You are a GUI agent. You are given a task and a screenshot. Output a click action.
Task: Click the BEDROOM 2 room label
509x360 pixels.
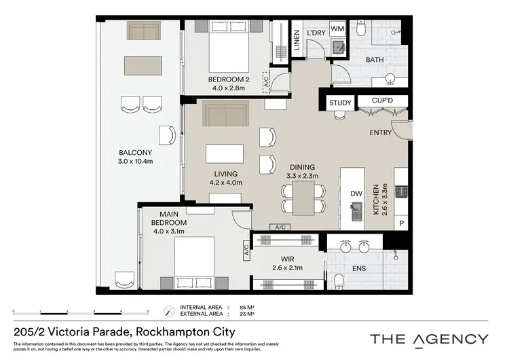pos(229,84)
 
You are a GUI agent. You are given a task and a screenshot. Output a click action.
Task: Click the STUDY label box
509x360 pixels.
pos(340,103)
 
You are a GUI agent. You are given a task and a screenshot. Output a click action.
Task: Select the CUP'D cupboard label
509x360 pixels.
pos(379,101)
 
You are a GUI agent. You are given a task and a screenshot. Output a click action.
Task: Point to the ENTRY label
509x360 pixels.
pos(380,132)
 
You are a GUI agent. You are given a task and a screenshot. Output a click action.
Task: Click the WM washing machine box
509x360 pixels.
pos(337,28)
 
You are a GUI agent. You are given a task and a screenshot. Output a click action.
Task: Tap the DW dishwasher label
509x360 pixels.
pos(356,193)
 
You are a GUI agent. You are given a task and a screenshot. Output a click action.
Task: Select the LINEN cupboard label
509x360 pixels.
pos(297,41)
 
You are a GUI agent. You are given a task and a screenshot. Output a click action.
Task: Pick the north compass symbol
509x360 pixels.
pos(169,311)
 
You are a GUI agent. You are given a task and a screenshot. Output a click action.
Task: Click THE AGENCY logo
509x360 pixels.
pos(428,339)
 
